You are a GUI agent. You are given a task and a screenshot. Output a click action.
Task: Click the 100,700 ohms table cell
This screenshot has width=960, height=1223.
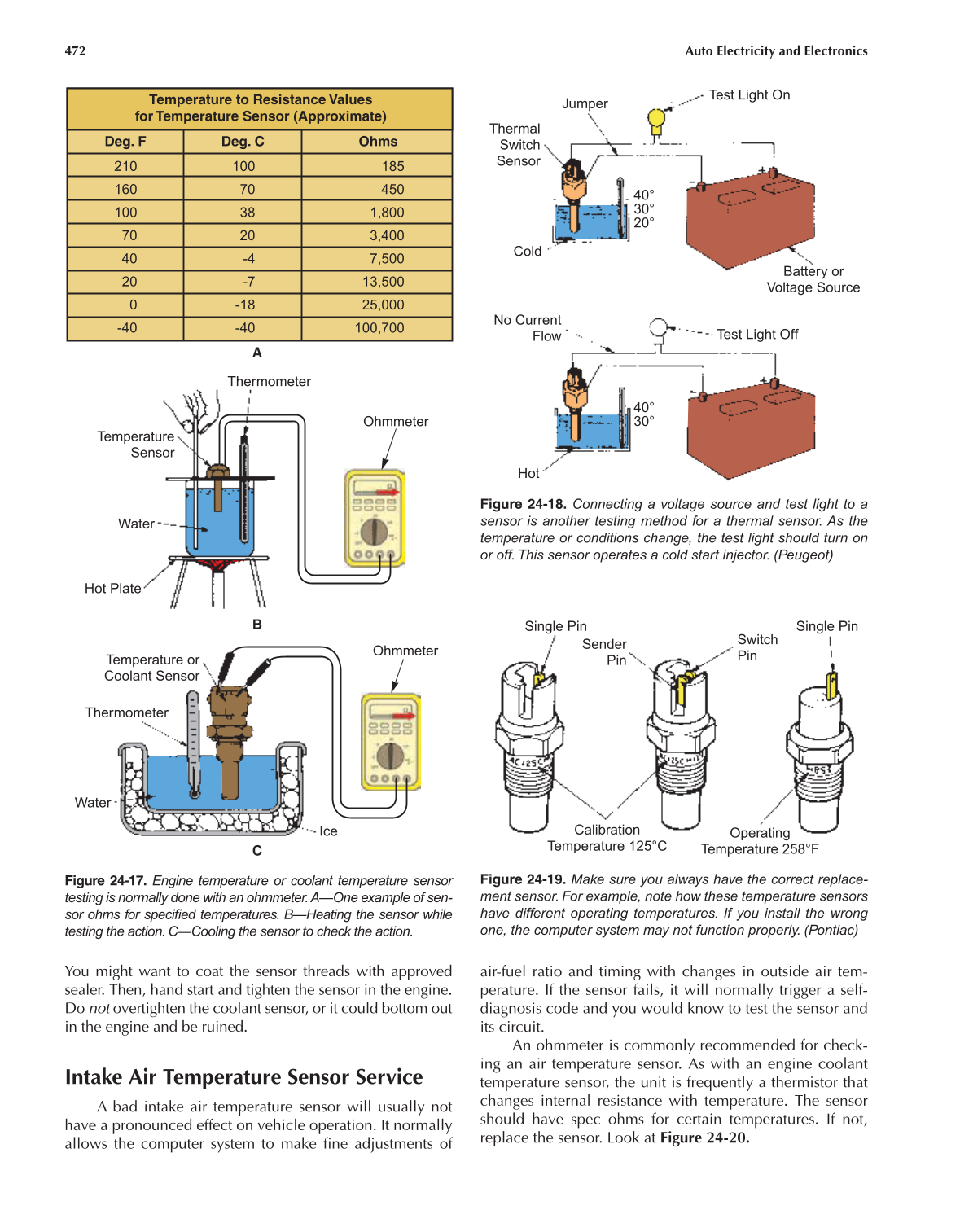[x=379, y=328]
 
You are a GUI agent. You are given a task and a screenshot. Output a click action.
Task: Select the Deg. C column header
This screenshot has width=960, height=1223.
[x=243, y=142]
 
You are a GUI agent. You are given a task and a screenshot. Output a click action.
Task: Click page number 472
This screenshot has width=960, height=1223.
[x=75, y=50]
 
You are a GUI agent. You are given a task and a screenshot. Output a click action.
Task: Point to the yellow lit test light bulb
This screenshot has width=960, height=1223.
[x=656, y=120]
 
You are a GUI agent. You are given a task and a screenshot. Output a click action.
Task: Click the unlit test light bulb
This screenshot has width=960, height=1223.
[x=658, y=328]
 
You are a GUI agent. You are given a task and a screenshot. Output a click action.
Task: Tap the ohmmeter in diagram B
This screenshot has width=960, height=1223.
[x=375, y=519]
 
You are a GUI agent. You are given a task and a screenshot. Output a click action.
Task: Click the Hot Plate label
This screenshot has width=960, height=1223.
[x=112, y=589]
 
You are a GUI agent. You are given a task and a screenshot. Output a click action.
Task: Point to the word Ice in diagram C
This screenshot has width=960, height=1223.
[x=328, y=831]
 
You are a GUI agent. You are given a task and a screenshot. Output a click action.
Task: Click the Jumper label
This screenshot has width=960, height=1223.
[x=585, y=104]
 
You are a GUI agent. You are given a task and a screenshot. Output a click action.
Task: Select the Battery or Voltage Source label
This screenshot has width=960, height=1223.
[x=813, y=279]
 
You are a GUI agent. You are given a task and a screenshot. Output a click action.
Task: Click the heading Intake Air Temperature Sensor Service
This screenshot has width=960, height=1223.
[x=243, y=1077]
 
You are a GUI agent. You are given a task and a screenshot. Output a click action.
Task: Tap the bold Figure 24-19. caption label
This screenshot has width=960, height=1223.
[x=523, y=879]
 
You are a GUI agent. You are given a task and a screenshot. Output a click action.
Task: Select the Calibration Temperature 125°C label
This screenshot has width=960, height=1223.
[x=607, y=838]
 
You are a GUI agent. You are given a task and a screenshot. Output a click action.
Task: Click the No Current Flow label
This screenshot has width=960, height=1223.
[x=528, y=328]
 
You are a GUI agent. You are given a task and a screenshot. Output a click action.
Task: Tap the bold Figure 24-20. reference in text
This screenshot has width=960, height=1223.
[x=704, y=1138]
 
